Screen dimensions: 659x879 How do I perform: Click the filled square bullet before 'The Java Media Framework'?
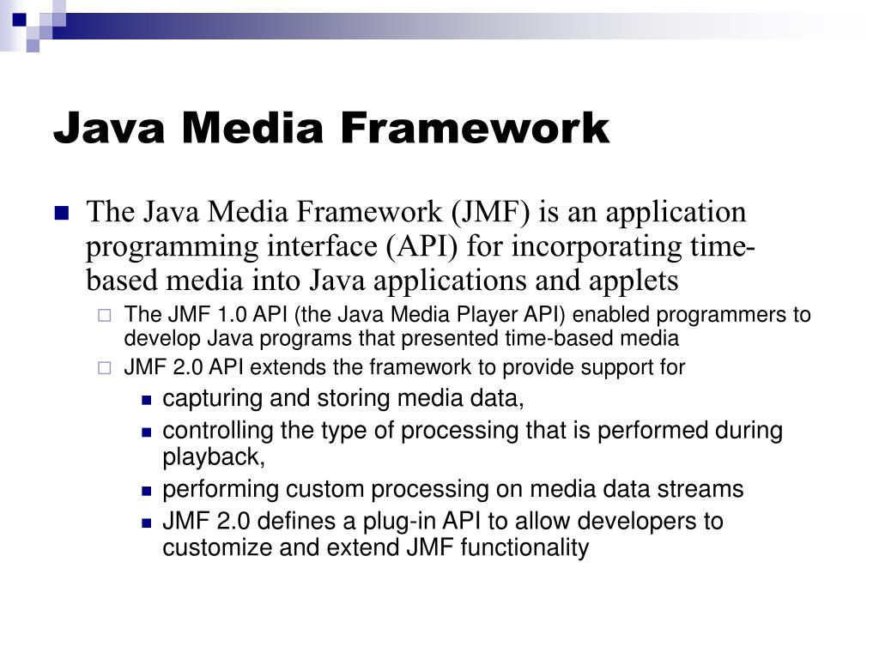(x=61, y=214)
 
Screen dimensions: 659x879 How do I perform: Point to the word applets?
(x=635, y=281)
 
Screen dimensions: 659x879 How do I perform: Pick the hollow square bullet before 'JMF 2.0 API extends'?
(x=104, y=369)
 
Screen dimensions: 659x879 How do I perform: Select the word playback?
(x=215, y=457)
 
